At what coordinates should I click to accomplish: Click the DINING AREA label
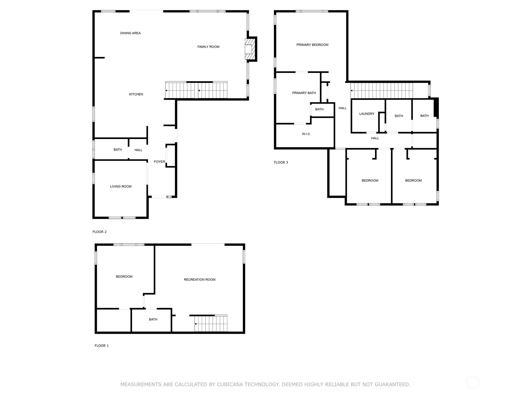pos(130,33)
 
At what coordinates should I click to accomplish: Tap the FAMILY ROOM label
pos(208,47)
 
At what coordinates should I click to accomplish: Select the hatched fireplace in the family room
pos(250,49)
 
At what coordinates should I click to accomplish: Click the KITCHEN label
pos(136,94)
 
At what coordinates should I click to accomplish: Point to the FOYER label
pos(159,162)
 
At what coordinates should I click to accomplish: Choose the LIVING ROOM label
pos(121,186)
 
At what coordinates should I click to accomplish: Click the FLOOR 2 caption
pos(100,232)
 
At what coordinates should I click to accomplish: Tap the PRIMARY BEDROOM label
pos(312,45)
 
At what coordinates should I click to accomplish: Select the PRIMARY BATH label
pos(304,93)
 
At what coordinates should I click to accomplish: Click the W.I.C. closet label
pos(306,134)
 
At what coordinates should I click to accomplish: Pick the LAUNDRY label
pos(367,114)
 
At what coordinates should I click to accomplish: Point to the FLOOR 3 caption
pos(281,163)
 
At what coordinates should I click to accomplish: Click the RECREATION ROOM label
pos(199,280)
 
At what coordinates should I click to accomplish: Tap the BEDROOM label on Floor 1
pos(124,277)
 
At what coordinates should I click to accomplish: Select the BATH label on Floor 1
pos(153,319)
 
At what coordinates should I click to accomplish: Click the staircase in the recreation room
pos(211,323)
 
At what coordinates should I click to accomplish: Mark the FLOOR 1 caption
pos(102,346)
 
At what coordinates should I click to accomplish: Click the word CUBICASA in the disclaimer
pos(230,384)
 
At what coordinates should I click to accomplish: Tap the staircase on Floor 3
pos(382,90)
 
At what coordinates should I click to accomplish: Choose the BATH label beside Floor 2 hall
pos(118,150)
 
